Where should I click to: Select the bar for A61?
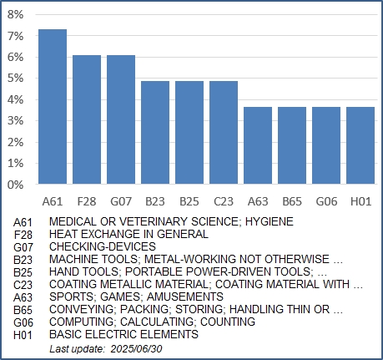(x=53, y=106)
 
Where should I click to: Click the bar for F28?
(x=87, y=119)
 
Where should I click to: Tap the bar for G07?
(x=121, y=119)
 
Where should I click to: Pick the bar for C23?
(x=224, y=132)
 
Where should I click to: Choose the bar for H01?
(x=360, y=145)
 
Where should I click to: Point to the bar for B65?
(x=292, y=145)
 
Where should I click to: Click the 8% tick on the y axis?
(x=16, y=14)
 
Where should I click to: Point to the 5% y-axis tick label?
(x=16, y=79)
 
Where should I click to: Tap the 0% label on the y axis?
(x=16, y=185)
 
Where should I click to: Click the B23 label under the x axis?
(x=155, y=201)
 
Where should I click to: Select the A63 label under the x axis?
(x=258, y=201)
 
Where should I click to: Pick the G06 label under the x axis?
(x=326, y=201)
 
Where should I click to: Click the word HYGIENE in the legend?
(x=270, y=221)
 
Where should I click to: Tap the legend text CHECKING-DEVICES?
(x=103, y=246)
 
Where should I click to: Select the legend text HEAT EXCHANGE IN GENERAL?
(x=129, y=234)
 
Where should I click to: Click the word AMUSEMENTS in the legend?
(x=185, y=297)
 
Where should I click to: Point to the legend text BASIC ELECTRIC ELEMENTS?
(x=123, y=334)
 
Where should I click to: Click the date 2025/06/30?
(x=136, y=349)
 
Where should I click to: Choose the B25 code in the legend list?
(x=23, y=272)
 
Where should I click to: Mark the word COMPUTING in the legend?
(x=82, y=322)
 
